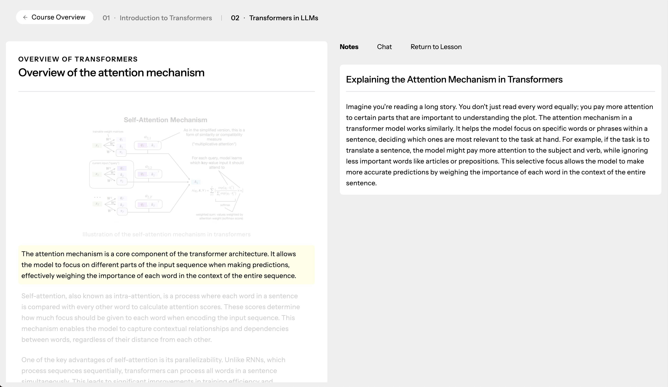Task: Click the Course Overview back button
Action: pos(55,17)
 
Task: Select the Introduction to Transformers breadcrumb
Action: pos(166,18)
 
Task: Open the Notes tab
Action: pos(349,47)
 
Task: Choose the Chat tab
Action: pos(384,47)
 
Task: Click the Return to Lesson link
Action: pos(436,47)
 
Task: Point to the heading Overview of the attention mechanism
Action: pos(111,73)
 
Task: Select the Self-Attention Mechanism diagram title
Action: pos(165,120)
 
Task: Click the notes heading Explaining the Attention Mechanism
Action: pos(454,79)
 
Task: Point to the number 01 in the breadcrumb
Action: pos(106,18)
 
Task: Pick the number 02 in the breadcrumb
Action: pos(235,18)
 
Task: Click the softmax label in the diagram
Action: pos(225,205)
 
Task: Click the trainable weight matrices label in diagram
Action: pos(108,132)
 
